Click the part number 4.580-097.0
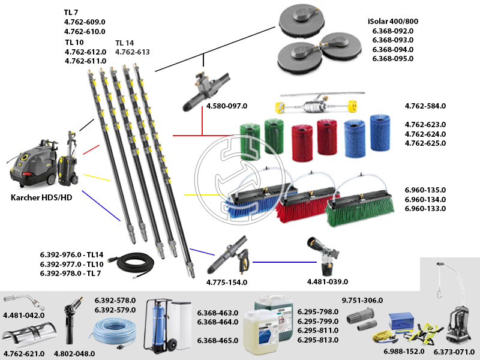227,106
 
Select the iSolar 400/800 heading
393,21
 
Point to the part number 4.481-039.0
328,281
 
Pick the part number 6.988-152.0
404,351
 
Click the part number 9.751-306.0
362,300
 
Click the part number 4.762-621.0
24,353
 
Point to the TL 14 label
126,43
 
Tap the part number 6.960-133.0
425,208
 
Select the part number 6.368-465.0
218,340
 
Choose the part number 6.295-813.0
318,340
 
